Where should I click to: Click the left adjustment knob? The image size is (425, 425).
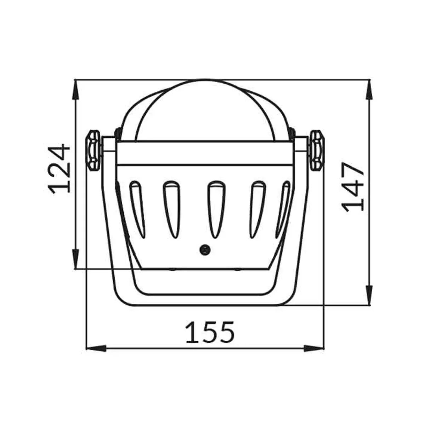(x=93, y=150)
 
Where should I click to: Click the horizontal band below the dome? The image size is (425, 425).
(x=204, y=153)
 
